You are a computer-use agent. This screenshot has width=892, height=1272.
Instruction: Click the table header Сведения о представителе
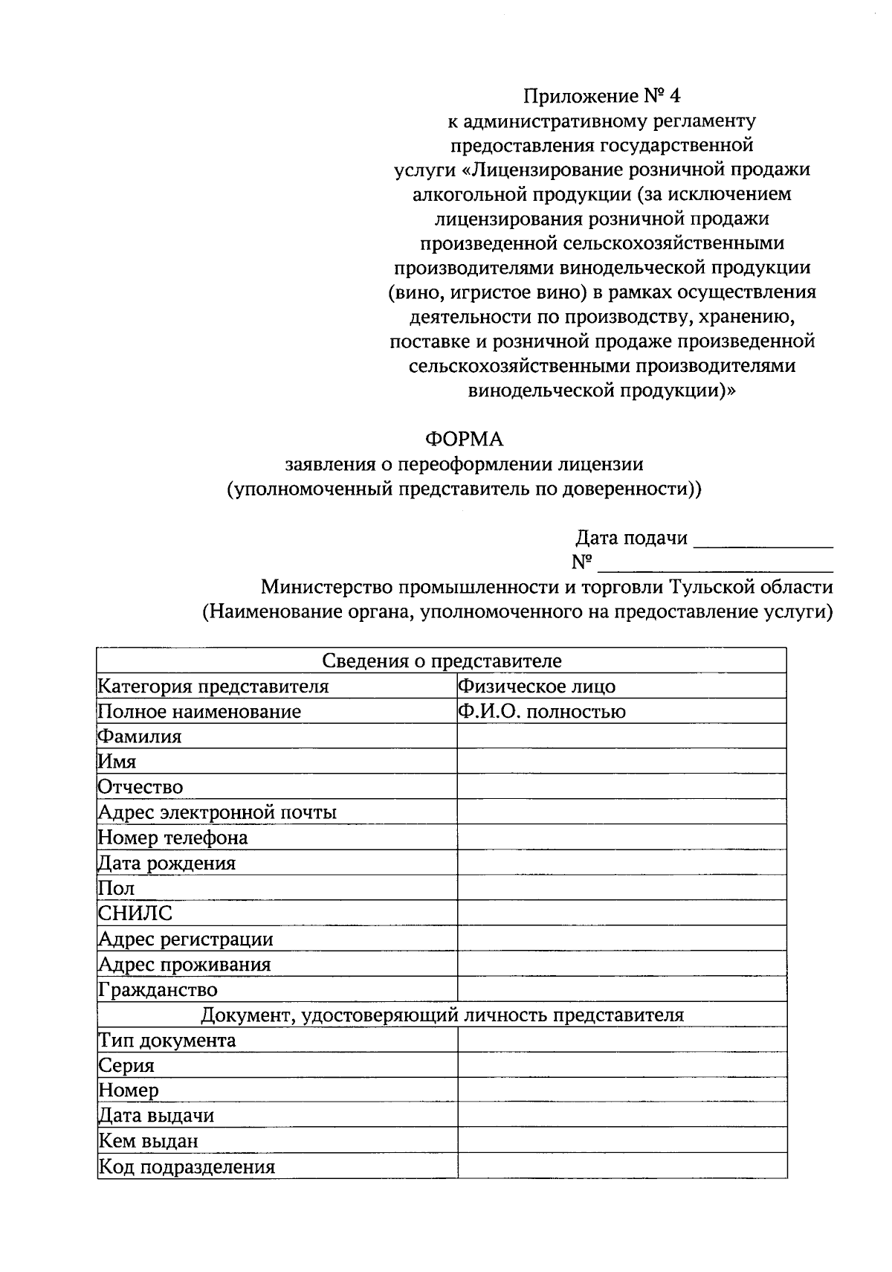[442, 661]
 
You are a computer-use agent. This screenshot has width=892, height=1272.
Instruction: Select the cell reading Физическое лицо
[537, 686]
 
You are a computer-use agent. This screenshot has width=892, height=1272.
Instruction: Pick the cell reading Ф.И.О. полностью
[542, 712]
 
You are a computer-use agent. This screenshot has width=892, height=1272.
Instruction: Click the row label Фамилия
[140, 736]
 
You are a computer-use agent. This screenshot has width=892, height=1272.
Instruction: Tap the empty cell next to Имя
[621, 762]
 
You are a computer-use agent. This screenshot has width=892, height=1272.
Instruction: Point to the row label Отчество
[140, 787]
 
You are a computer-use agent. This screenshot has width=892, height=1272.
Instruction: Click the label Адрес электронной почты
[218, 812]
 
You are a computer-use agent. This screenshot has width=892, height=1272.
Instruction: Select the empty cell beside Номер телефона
[621, 838]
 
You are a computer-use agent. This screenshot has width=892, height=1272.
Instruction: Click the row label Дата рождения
[167, 863]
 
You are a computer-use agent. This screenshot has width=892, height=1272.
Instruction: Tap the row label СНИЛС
[135, 913]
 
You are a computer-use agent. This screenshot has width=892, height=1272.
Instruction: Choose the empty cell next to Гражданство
[621, 989]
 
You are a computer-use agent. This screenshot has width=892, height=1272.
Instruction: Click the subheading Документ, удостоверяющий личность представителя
[442, 1015]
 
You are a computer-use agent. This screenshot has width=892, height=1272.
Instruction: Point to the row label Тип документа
[167, 1040]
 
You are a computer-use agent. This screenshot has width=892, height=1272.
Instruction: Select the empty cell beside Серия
[621, 1065]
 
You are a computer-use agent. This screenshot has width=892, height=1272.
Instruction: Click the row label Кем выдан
[149, 1141]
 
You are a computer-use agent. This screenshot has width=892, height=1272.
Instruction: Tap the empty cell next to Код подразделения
[621, 1166]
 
